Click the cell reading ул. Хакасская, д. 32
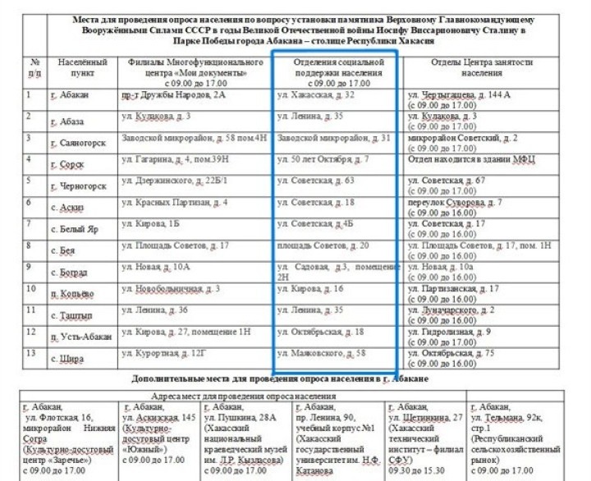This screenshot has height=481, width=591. [x=316, y=96]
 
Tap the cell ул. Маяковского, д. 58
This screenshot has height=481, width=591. [x=321, y=353]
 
